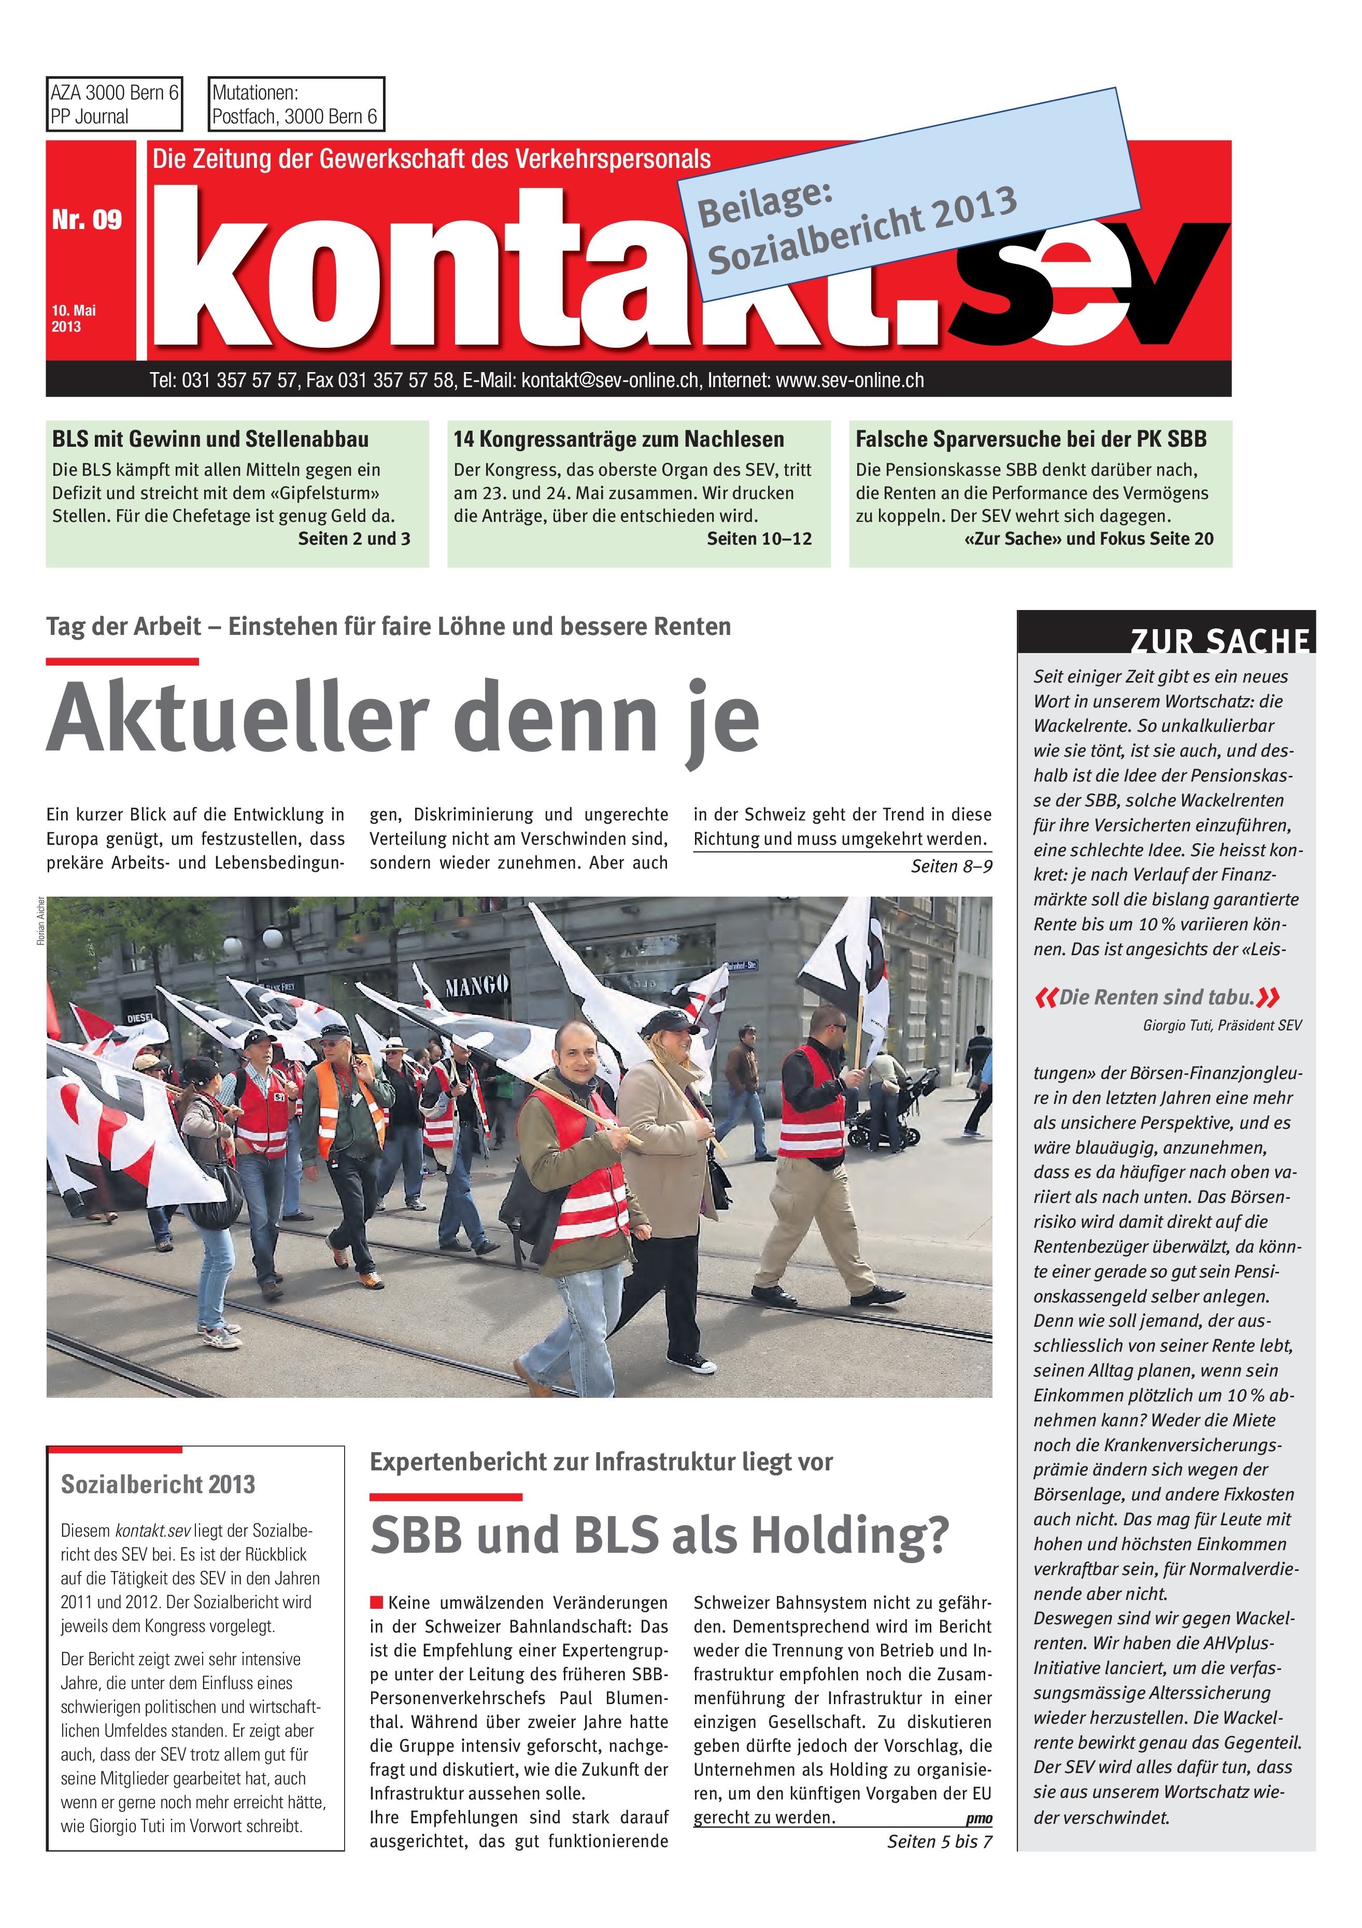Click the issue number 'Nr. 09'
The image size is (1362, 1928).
(87, 220)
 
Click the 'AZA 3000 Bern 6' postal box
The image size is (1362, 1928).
(114, 104)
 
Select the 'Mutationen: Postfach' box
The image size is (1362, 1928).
(295, 104)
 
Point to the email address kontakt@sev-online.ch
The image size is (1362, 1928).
(609, 380)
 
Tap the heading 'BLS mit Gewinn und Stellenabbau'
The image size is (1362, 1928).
(210, 439)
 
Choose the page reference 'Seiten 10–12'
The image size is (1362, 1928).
(759, 539)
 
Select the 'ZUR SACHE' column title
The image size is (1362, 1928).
(1219, 641)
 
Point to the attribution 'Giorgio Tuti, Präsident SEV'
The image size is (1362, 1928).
(1222, 1025)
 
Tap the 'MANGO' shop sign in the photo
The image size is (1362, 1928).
(476, 985)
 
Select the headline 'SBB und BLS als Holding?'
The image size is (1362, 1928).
(659, 1535)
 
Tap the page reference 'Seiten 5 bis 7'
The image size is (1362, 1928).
(939, 1841)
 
